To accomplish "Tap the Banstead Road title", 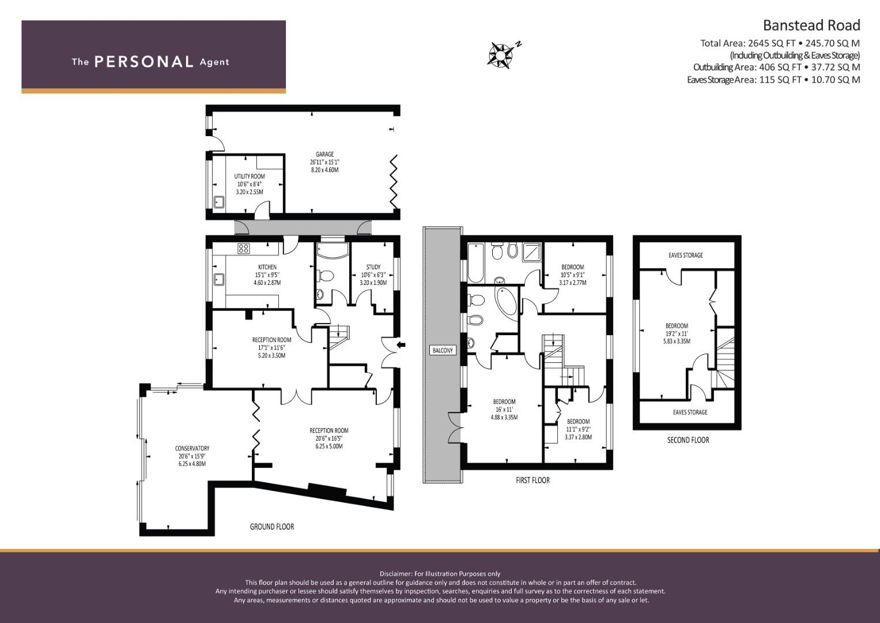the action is (x=811, y=25).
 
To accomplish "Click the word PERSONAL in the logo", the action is (x=144, y=62).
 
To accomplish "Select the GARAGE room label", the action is (x=324, y=154).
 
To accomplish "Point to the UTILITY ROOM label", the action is (x=250, y=177).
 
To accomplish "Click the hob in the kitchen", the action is (x=244, y=248).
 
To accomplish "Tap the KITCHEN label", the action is (x=267, y=267).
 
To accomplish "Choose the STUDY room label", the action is (x=373, y=267).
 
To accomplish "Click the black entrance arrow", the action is (x=401, y=346).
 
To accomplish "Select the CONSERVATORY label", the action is (x=192, y=448).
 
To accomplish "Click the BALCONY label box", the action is (x=443, y=350).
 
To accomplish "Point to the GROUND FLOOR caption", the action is (x=272, y=527).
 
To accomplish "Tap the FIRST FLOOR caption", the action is (x=532, y=480).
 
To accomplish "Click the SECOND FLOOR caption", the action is (x=688, y=440).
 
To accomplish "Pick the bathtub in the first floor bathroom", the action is (x=475, y=262).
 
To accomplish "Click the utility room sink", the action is (x=219, y=202).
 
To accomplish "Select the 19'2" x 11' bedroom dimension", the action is (x=677, y=333).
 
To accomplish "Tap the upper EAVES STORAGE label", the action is (x=686, y=255).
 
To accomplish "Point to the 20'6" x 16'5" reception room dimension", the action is (x=329, y=438).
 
